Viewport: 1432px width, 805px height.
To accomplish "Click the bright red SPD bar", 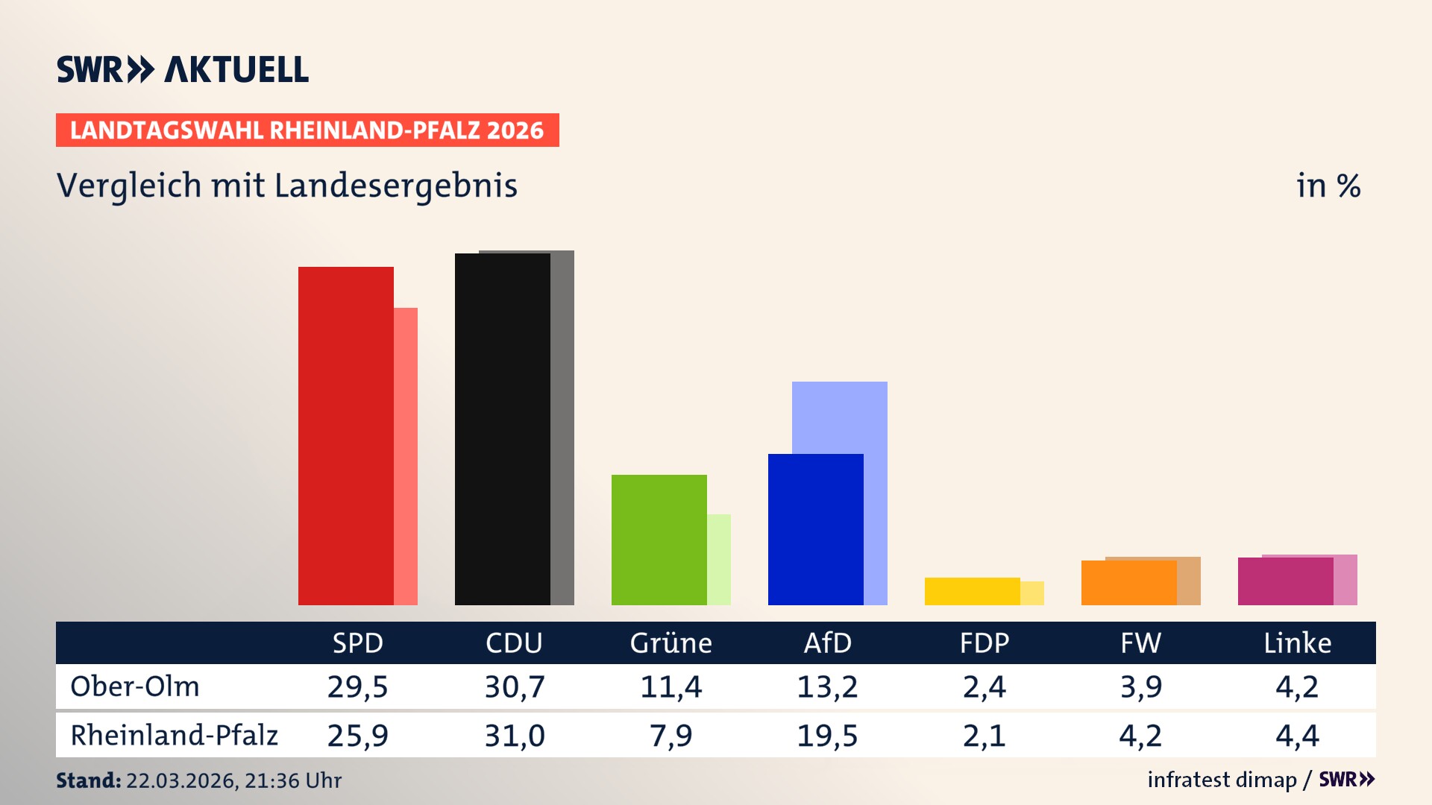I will (x=345, y=436).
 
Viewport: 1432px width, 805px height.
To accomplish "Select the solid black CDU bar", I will (x=502, y=429).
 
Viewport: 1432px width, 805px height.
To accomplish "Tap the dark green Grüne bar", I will (x=659, y=540).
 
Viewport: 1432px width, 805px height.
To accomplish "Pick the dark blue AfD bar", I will (x=815, y=529).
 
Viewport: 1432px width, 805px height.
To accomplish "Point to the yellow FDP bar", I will (x=972, y=591).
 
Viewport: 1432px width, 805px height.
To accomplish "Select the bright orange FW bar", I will (x=1128, y=583).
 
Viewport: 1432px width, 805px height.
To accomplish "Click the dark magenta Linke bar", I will (x=1285, y=581).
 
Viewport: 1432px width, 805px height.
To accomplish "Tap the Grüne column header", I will (x=671, y=643).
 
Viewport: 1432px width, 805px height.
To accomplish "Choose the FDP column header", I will (x=984, y=643).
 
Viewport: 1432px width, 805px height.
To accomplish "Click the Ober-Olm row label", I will (x=135, y=686).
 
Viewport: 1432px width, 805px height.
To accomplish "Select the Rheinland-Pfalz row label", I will (x=174, y=736).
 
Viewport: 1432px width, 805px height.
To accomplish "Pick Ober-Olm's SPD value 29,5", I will (x=357, y=686).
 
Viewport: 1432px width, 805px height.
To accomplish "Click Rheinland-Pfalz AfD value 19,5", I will (x=827, y=736).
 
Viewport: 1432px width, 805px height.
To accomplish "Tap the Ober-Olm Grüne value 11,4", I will (x=671, y=686).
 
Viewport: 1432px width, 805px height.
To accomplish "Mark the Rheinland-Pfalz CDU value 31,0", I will (x=514, y=736).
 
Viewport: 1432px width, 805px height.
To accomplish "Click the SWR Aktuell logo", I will (x=183, y=69).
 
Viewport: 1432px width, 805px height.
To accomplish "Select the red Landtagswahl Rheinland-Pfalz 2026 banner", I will (x=307, y=130).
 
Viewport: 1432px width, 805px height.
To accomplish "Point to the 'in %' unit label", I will (x=1328, y=186).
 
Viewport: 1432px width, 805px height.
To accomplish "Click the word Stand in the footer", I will (x=87, y=780).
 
